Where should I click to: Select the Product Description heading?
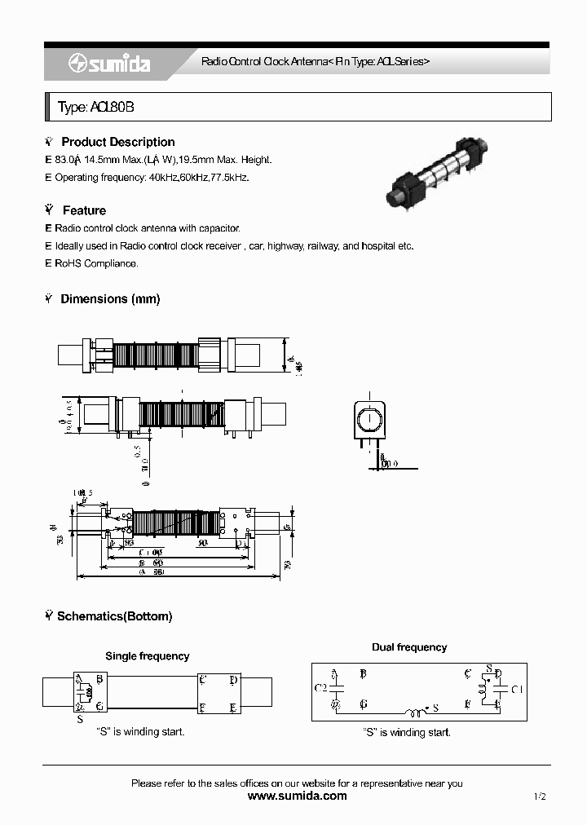pyautogui.click(x=117, y=142)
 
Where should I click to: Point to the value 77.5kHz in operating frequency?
pyautogui.click(x=230, y=177)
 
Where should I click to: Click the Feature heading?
pyautogui.click(x=84, y=210)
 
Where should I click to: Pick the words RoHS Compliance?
pyautogui.click(x=96, y=263)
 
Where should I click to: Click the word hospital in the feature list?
pyautogui.click(x=378, y=245)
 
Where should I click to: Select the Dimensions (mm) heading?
pyautogui.click(x=110, y=299)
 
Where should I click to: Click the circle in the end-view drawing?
pyautogui.click(x=369, y=421)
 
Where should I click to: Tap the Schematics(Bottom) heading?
pyautogui.click(x=114, y=616)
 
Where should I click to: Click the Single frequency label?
pyautogui.click(x=147, y=655)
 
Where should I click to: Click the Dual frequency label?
pyautogui.click(x=409, y=647)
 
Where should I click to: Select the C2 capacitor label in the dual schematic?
pyautogui.click(x=320, y=688)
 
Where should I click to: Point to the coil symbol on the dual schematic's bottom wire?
pyautogui.click(x=416, y=708)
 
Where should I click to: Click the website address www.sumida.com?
pyautogui.click(x=297, y=796)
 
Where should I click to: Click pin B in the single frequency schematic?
pyautogui.click(x=99, y=678)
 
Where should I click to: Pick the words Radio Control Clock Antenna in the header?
pyautogui.click(x=261, y=62)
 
